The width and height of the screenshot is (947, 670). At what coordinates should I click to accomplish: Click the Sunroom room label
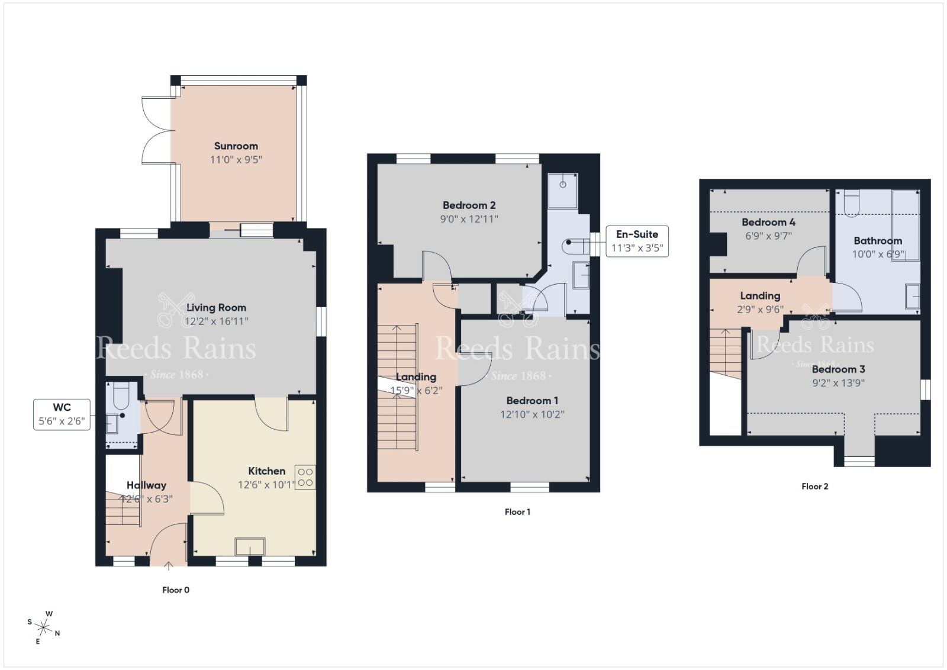[x=236, y=146]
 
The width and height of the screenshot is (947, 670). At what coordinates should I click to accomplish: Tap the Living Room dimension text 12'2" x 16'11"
[x=216, y=321]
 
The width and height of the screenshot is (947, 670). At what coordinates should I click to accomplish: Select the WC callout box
[x=62, y=414]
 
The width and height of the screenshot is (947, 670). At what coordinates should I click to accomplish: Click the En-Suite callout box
[x=637, y=241]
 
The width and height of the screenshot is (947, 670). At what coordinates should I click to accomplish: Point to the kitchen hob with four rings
[x=305, y=477]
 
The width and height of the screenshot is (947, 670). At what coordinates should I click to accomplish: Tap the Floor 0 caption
[x=176, y=590]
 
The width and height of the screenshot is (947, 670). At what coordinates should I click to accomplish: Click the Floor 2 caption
[x=814, y=486]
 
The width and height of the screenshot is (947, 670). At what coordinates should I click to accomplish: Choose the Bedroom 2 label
[x=469, y=205]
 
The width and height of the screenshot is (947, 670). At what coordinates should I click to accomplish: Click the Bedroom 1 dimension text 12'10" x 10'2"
[x=532, y=414]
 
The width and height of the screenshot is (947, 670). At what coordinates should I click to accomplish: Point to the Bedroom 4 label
[x=768, y=223]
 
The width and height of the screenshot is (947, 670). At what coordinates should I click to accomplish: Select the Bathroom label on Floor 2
[x=877, y=240]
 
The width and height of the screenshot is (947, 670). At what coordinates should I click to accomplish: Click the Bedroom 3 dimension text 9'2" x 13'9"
[x=838, y=382]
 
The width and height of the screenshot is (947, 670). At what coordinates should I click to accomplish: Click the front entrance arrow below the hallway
[x=168, y=566]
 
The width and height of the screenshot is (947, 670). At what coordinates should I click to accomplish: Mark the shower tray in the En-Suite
[x=562, y=189]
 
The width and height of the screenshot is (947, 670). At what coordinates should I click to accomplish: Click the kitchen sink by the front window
[x=250, y=546]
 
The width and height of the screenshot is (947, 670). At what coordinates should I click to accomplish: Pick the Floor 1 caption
[x=517, y=511]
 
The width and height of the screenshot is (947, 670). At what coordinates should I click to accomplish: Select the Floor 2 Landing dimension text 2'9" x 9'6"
[x=760, y=309]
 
